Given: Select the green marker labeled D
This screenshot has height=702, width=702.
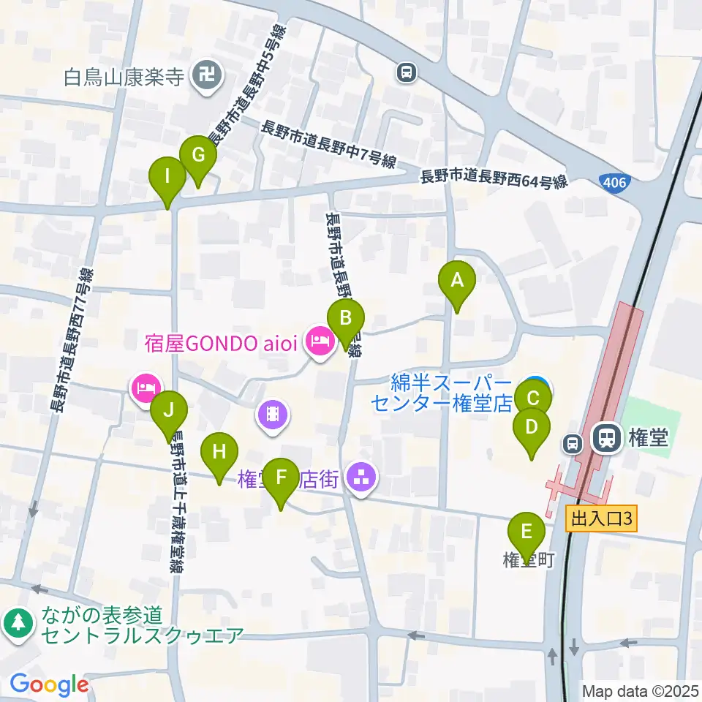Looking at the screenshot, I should [x=532, y=427].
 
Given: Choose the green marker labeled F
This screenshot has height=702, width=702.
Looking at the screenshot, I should [x=281, y=478].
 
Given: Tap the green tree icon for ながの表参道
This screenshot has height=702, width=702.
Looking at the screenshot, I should [x=18, y=622].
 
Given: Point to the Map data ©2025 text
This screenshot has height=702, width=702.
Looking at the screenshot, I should [x=638, y=690].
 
